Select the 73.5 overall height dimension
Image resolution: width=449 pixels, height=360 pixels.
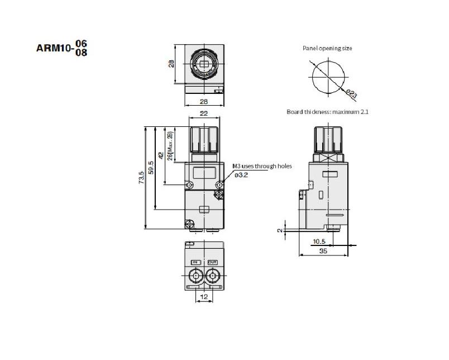[x=142, y=177]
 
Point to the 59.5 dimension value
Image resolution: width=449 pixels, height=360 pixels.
[x=151, y=168]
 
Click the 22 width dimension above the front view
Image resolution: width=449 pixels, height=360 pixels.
[x=204, y=113]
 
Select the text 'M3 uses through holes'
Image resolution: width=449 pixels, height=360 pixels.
[x=262, y=166]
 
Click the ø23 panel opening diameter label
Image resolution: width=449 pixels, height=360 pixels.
[x=349, y=92]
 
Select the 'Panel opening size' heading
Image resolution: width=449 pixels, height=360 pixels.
[x=327, y=49]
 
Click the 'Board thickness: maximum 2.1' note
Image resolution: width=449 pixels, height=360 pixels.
[x=327, y=112]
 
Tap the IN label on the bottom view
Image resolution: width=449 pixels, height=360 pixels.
[x=195, y=262]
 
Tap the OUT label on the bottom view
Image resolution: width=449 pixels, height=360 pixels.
[x=212, y=262]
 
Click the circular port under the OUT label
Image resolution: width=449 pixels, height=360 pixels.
[x=212, y=276]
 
